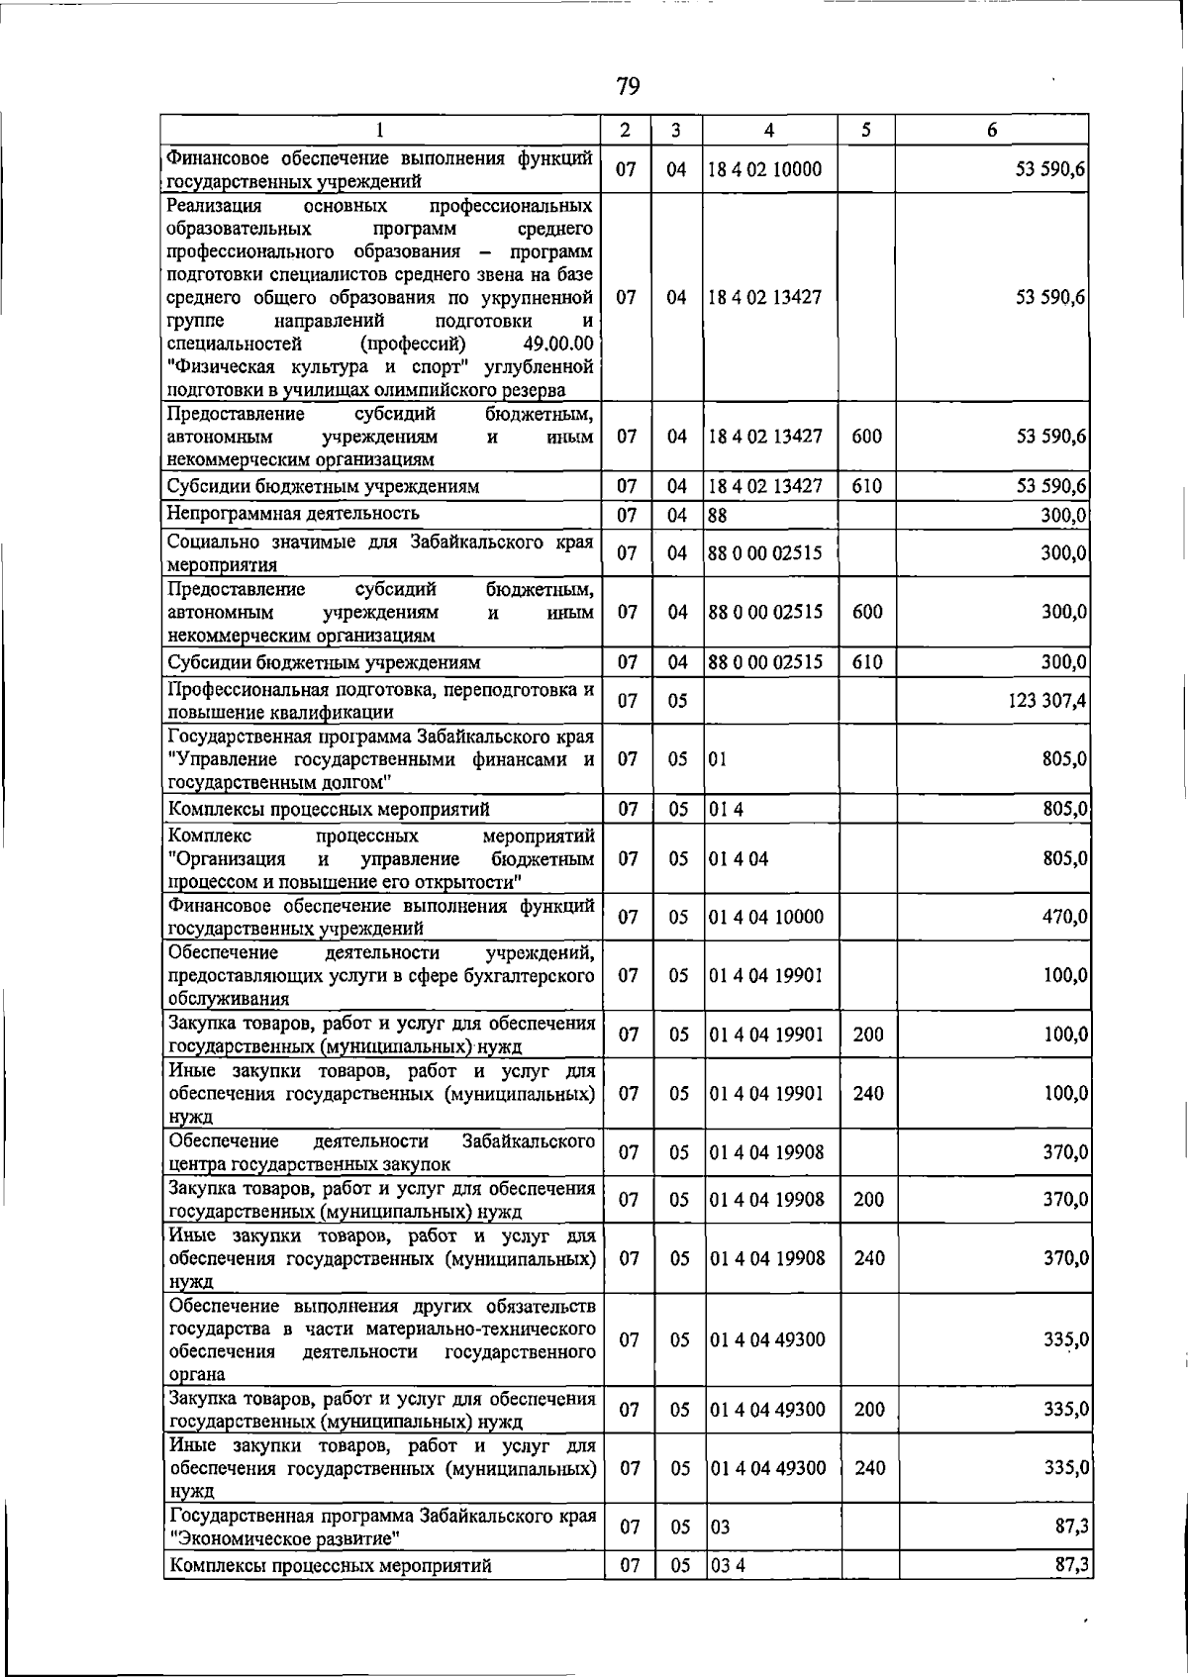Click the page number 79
click(628, 87)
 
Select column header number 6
click(992, 130)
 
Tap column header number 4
click(769, 130)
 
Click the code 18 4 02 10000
click(765, 169)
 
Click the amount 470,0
click(1066, 917)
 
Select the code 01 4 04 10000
click(766, 917)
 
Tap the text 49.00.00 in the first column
click(558, 344)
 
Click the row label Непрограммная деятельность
click(293, 513)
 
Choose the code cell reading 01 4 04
click(739, 858)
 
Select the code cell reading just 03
click(721, 1527)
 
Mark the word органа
click(199, 1374)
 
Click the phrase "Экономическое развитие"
click(285, 1538)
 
